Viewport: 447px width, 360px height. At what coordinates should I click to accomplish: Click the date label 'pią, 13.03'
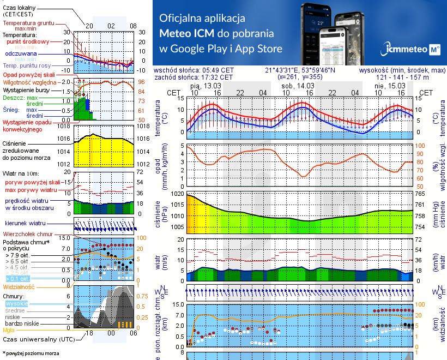click(206, 86)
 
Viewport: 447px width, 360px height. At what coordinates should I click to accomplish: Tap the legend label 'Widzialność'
click(19, 286)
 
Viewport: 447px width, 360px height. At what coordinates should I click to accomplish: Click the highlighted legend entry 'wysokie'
click(16, 303)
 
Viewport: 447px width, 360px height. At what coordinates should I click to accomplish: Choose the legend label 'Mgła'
click(9, 330)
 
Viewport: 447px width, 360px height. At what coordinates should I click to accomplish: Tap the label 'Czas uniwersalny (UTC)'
click(38, 339)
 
